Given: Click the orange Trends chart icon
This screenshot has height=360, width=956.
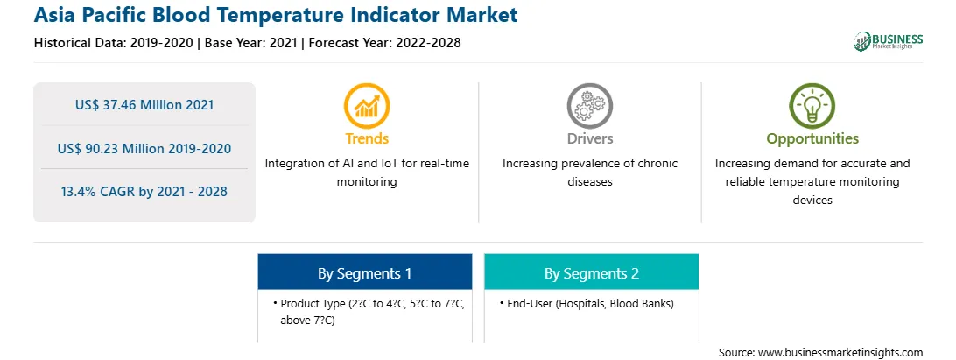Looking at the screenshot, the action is click(x=367, y=105).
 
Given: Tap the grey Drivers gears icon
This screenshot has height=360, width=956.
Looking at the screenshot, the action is click(x=589, y=105).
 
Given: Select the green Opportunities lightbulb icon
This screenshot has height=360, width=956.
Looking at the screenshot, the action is click(x=812, y=105).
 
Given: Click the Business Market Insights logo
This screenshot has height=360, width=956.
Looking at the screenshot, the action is click(x=888, y=41).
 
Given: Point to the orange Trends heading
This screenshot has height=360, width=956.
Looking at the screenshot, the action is click(x=367, y=138).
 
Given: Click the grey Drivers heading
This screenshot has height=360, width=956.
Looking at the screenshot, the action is click(x=589, y=138).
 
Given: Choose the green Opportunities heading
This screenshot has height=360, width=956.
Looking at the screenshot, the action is click(x=812, y=139).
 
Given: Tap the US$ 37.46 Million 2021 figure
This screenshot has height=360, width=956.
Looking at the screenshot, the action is click(x=144, y=105).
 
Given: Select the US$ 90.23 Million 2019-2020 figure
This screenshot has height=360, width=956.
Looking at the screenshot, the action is click(x=144, y=148).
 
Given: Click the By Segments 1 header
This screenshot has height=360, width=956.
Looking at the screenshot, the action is click(x=364, y=273).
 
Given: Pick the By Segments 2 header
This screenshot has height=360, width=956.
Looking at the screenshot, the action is click(x=592, y=273).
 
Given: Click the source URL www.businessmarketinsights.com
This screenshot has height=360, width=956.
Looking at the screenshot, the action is click(x=840, y=352).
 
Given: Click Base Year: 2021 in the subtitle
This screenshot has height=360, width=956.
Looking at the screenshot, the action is click(x=250, y=43).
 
